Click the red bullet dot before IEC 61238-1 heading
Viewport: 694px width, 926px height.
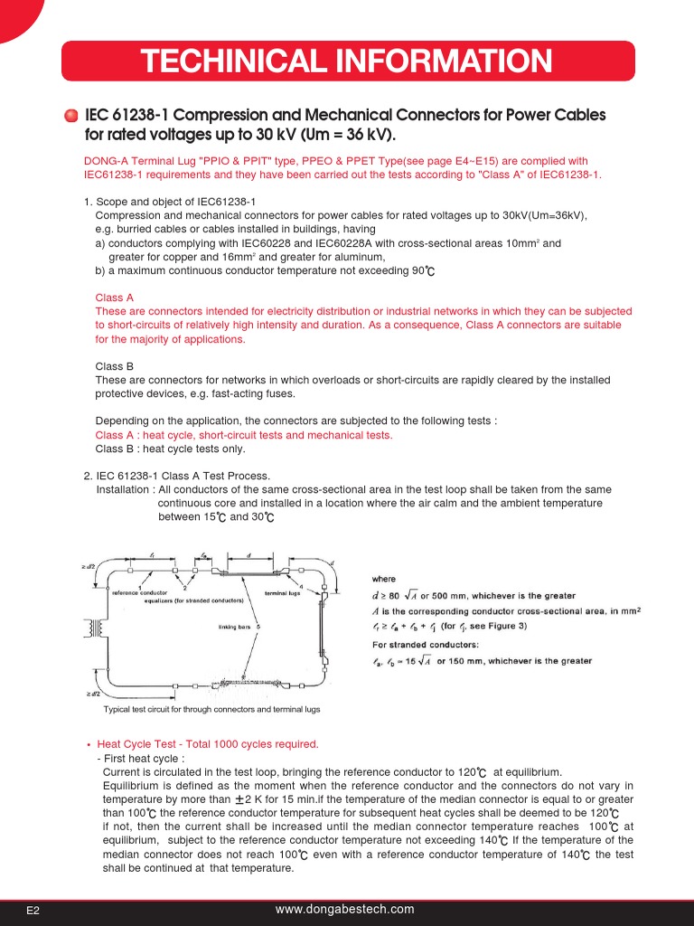[71, 117]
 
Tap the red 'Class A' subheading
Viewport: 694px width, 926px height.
[115, 298]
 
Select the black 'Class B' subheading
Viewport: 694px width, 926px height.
[115, 366]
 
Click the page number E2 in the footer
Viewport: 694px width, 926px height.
[33, 911]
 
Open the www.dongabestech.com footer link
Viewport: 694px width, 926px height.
[344, 910]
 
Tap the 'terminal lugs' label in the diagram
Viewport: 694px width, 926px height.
[282, 593]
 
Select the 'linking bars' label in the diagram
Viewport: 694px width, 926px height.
[234, 626]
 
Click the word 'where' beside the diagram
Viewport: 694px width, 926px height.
[384, 579]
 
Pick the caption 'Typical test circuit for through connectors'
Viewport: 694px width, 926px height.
[211, 710]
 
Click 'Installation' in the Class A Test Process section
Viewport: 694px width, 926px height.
[124, 489]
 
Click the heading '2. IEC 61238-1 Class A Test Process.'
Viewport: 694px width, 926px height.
[177, 476]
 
